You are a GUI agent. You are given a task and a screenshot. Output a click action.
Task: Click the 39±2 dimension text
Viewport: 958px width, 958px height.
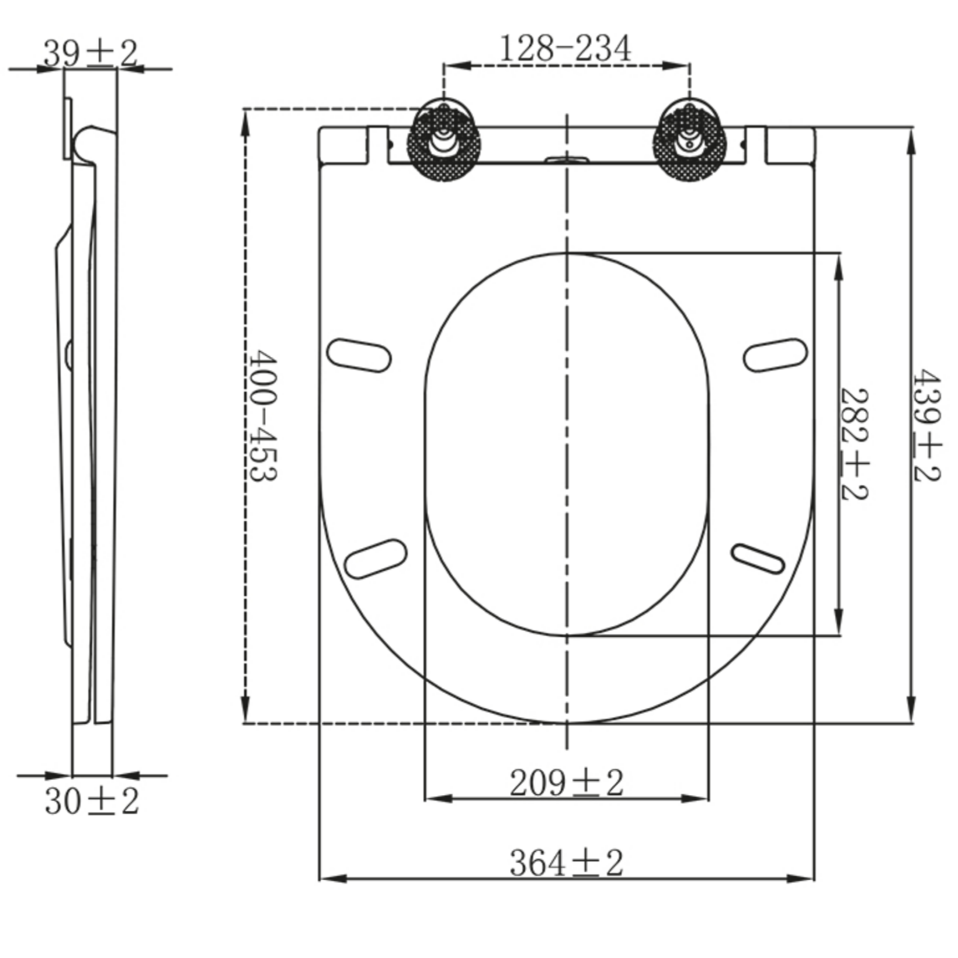(91, 54)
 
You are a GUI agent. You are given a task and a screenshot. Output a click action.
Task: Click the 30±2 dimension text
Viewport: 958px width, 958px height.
(92, 801)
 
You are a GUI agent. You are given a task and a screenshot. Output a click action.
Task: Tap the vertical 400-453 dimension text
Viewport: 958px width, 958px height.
(262, 415)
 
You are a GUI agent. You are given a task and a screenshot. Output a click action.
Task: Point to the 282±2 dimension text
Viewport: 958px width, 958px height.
(854, 444)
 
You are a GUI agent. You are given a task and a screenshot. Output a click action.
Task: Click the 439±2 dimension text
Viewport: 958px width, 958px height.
(926, 425)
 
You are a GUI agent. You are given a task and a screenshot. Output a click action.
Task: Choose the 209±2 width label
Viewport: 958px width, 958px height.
(566, 783)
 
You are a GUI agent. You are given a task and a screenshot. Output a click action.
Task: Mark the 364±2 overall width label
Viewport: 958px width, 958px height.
(566, 863)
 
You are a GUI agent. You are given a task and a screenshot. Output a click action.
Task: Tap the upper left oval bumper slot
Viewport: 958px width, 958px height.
(359, 355)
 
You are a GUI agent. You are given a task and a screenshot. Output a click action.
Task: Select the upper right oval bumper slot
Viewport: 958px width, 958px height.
(775, 355)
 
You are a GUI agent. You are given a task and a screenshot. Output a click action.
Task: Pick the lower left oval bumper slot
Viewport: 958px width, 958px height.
(375, 558)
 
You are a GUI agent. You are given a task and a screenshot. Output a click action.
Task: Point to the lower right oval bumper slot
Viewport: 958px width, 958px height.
(758, 559)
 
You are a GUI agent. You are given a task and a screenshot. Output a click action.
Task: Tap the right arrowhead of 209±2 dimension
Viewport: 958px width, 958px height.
(697, 798)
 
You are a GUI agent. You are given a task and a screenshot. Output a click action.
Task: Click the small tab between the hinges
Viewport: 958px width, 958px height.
(566, 159)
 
